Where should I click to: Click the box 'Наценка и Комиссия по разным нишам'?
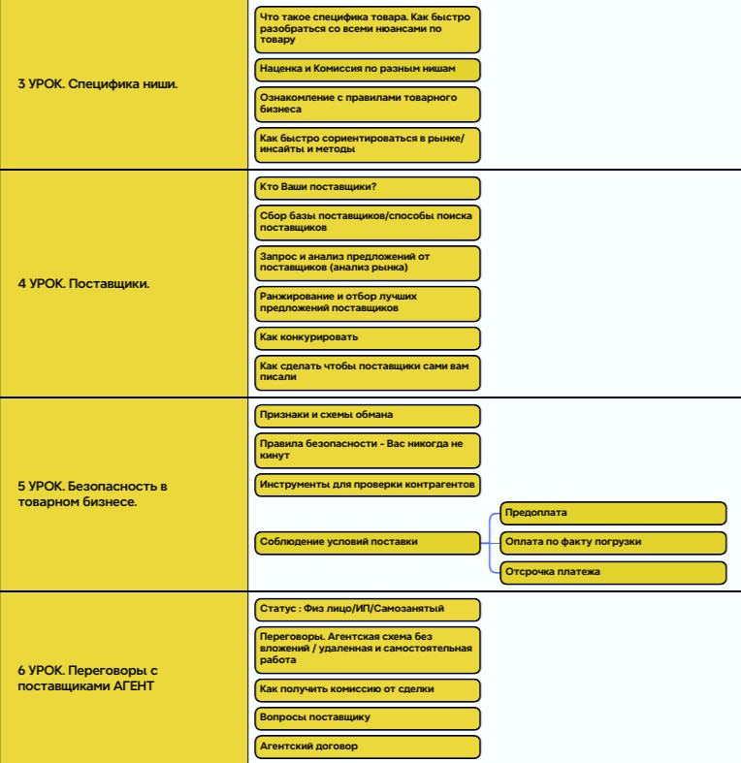tap(368, 70)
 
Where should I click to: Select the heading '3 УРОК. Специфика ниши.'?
tap(98, 84)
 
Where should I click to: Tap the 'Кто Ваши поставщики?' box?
tap(368, 188)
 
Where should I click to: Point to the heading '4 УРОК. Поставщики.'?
tap(83, 284)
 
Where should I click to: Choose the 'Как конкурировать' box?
tap(368, 337)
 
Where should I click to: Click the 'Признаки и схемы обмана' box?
tap(368, 416)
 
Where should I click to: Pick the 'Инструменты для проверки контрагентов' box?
tap(368, 485)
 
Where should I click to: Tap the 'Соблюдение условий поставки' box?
tap(368, 543)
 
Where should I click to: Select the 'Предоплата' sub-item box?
tap(613, 514)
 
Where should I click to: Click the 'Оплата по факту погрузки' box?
tap(613, 543)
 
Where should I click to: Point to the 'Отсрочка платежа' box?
tap(613, 572)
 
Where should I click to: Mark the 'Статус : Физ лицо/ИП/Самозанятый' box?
tap(368, 609)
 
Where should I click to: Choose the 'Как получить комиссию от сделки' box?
tap(368, 690)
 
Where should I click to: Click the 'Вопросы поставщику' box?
tap(368, 718)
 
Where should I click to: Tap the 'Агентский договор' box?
tap(368, 747)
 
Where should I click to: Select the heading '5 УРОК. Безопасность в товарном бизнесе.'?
tap(92, 493)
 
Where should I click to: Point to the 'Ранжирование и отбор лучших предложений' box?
tap(368, 303)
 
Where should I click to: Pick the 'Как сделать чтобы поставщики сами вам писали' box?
tap(368, 372)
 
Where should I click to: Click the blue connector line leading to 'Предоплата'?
tap(490, 525)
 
